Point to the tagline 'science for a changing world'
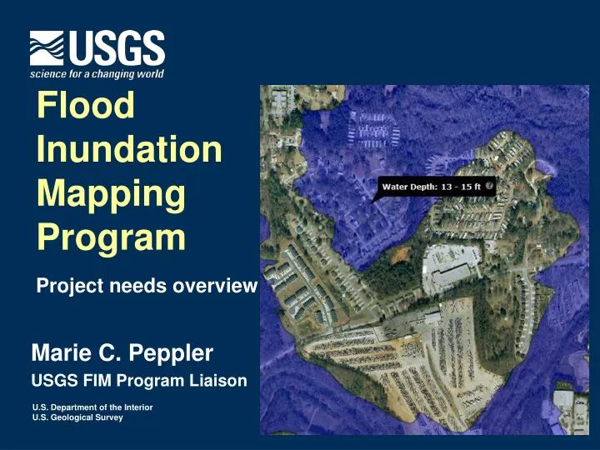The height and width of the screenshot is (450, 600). point(97,74)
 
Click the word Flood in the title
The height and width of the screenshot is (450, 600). point(86,106)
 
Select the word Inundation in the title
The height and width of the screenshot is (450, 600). point(130,150)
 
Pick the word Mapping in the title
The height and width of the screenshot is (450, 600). point(111,193)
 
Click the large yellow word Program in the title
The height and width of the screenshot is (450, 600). point(111,237)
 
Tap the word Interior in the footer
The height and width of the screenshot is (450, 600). point(136,407)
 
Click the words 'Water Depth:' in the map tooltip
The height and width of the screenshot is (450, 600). point(409,187)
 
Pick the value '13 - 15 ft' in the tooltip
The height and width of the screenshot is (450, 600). point(461,187)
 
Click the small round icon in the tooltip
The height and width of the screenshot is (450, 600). point(489,186)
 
